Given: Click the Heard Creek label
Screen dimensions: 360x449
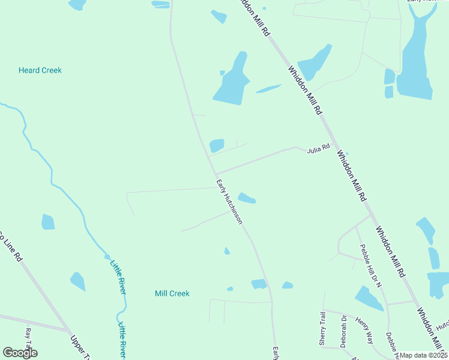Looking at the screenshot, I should (x=40, y=70).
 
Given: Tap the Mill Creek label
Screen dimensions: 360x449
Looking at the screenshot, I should (x=172, y=293).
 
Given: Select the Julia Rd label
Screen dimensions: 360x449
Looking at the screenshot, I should (x=319, y=148).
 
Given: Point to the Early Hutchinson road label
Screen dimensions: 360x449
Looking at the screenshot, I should (x=229, y=202).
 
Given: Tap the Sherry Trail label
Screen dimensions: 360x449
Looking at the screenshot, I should (x=322, y=328).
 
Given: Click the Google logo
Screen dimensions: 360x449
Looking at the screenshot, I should (x=20, y=353).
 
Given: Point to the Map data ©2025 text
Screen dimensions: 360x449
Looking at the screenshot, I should (x=424, y=355).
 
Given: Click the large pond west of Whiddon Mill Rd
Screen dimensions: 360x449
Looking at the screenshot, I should (x=232, y=81).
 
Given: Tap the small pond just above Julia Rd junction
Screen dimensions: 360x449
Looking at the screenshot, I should (x=216, y=145).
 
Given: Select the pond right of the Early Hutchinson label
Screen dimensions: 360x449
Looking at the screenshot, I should (x=247, y=198).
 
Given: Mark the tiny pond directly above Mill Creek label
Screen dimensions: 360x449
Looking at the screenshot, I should (x=227, y=251).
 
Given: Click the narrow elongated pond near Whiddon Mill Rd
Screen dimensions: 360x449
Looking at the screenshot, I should (x=268, y=89).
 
